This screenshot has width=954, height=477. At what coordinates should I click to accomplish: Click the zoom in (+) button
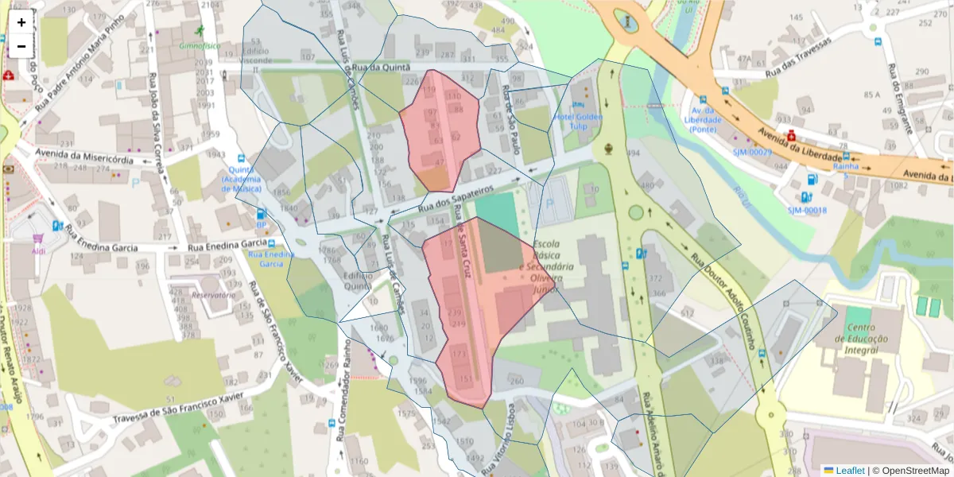pos(21,22)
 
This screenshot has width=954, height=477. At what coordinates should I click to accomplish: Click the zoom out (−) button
pos(21,46)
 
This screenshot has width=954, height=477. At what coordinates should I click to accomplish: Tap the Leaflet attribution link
pos(849,471)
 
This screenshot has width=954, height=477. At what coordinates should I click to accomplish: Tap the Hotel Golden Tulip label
pos(579,122)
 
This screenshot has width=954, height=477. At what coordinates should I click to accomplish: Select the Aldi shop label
pos(38,251)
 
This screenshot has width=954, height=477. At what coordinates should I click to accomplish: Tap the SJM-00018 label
pos(807,210)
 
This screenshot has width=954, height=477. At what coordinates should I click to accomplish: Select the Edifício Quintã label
pos(358,279)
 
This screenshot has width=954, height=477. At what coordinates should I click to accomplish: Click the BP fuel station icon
pos(261,214)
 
